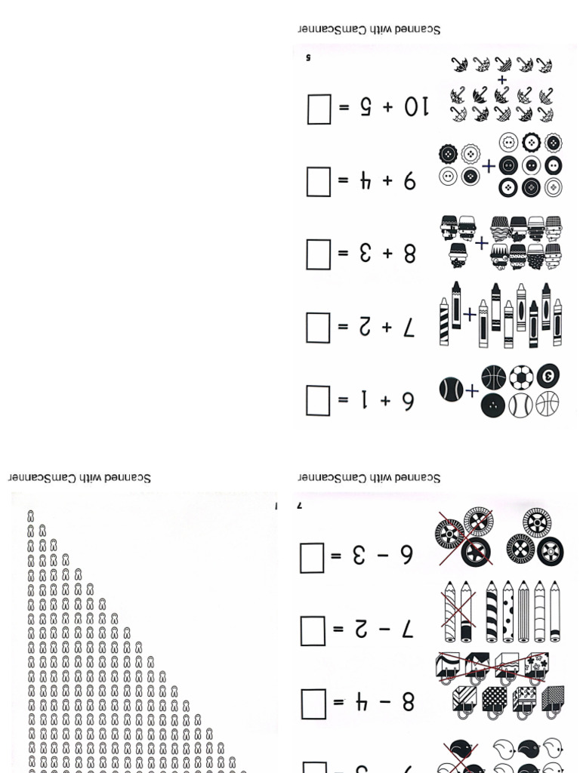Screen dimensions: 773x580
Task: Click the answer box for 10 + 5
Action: [x=319, y=109]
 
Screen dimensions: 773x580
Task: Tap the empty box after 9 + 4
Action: [x=318, y=182]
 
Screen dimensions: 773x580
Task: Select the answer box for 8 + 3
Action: [x=318, y=254]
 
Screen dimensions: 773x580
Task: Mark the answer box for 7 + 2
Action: [x=318, y=328]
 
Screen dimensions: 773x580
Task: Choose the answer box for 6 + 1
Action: [x=318, y=400]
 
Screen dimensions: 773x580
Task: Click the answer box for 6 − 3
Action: [x=313, y=558]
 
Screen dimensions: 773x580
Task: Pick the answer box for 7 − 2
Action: [x=313, y=630]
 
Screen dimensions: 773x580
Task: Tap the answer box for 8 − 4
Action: [x=313, y=704]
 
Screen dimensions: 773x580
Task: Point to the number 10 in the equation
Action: [x=415, y=108]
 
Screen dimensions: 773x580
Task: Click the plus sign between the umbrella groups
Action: [x=502, y=79]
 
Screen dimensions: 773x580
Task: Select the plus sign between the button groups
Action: [x=489, y=166]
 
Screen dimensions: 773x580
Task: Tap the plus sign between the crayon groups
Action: [x=470, y=313]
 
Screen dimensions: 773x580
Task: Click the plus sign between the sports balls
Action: [x=472, y=391]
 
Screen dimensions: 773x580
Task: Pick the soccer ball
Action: [x=521, y=377]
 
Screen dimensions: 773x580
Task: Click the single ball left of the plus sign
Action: [x=451, y=390]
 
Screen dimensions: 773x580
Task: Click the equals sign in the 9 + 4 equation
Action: [x=344, y=182]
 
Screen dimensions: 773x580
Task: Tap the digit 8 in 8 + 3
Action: [x=409, y=254]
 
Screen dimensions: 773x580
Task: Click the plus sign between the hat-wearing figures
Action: [x=482, y=243]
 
